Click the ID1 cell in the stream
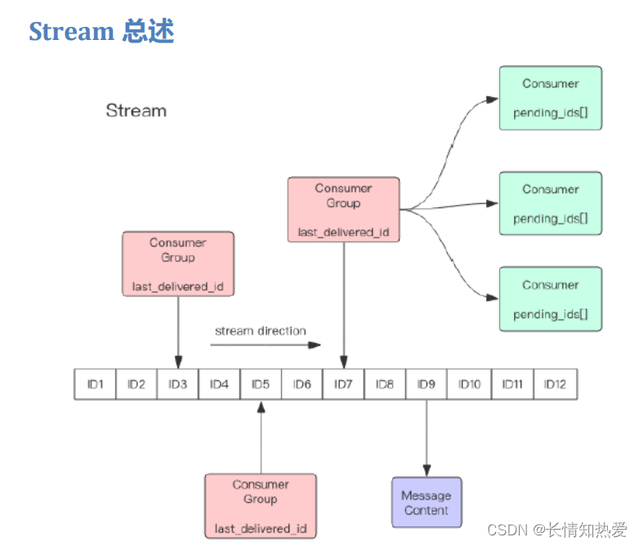[x=96, y=384]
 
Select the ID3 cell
[x=178, y=384]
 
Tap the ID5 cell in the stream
[x=261, y=384]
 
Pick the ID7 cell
[x=343, y=384]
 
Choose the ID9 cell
[x=427, y=384]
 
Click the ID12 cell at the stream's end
[x=555, y=384]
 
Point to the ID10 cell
[x=469, y=384]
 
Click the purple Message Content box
[x=427, y=502]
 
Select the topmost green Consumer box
[x=550, y=98]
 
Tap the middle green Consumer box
[x=550, y=203]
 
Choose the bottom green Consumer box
[x=550, y=299]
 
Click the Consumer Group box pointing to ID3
[x=177, y=264]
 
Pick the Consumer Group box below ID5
[x=261, y=506]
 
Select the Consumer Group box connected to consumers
[x=343, y=210]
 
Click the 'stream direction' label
[x=260, y=331]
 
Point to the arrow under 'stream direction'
[x=266, y=345]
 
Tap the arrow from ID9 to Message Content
[x=427, y=437]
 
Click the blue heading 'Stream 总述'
[x=101, y=31]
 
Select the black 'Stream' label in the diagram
[x=136, y=111]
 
